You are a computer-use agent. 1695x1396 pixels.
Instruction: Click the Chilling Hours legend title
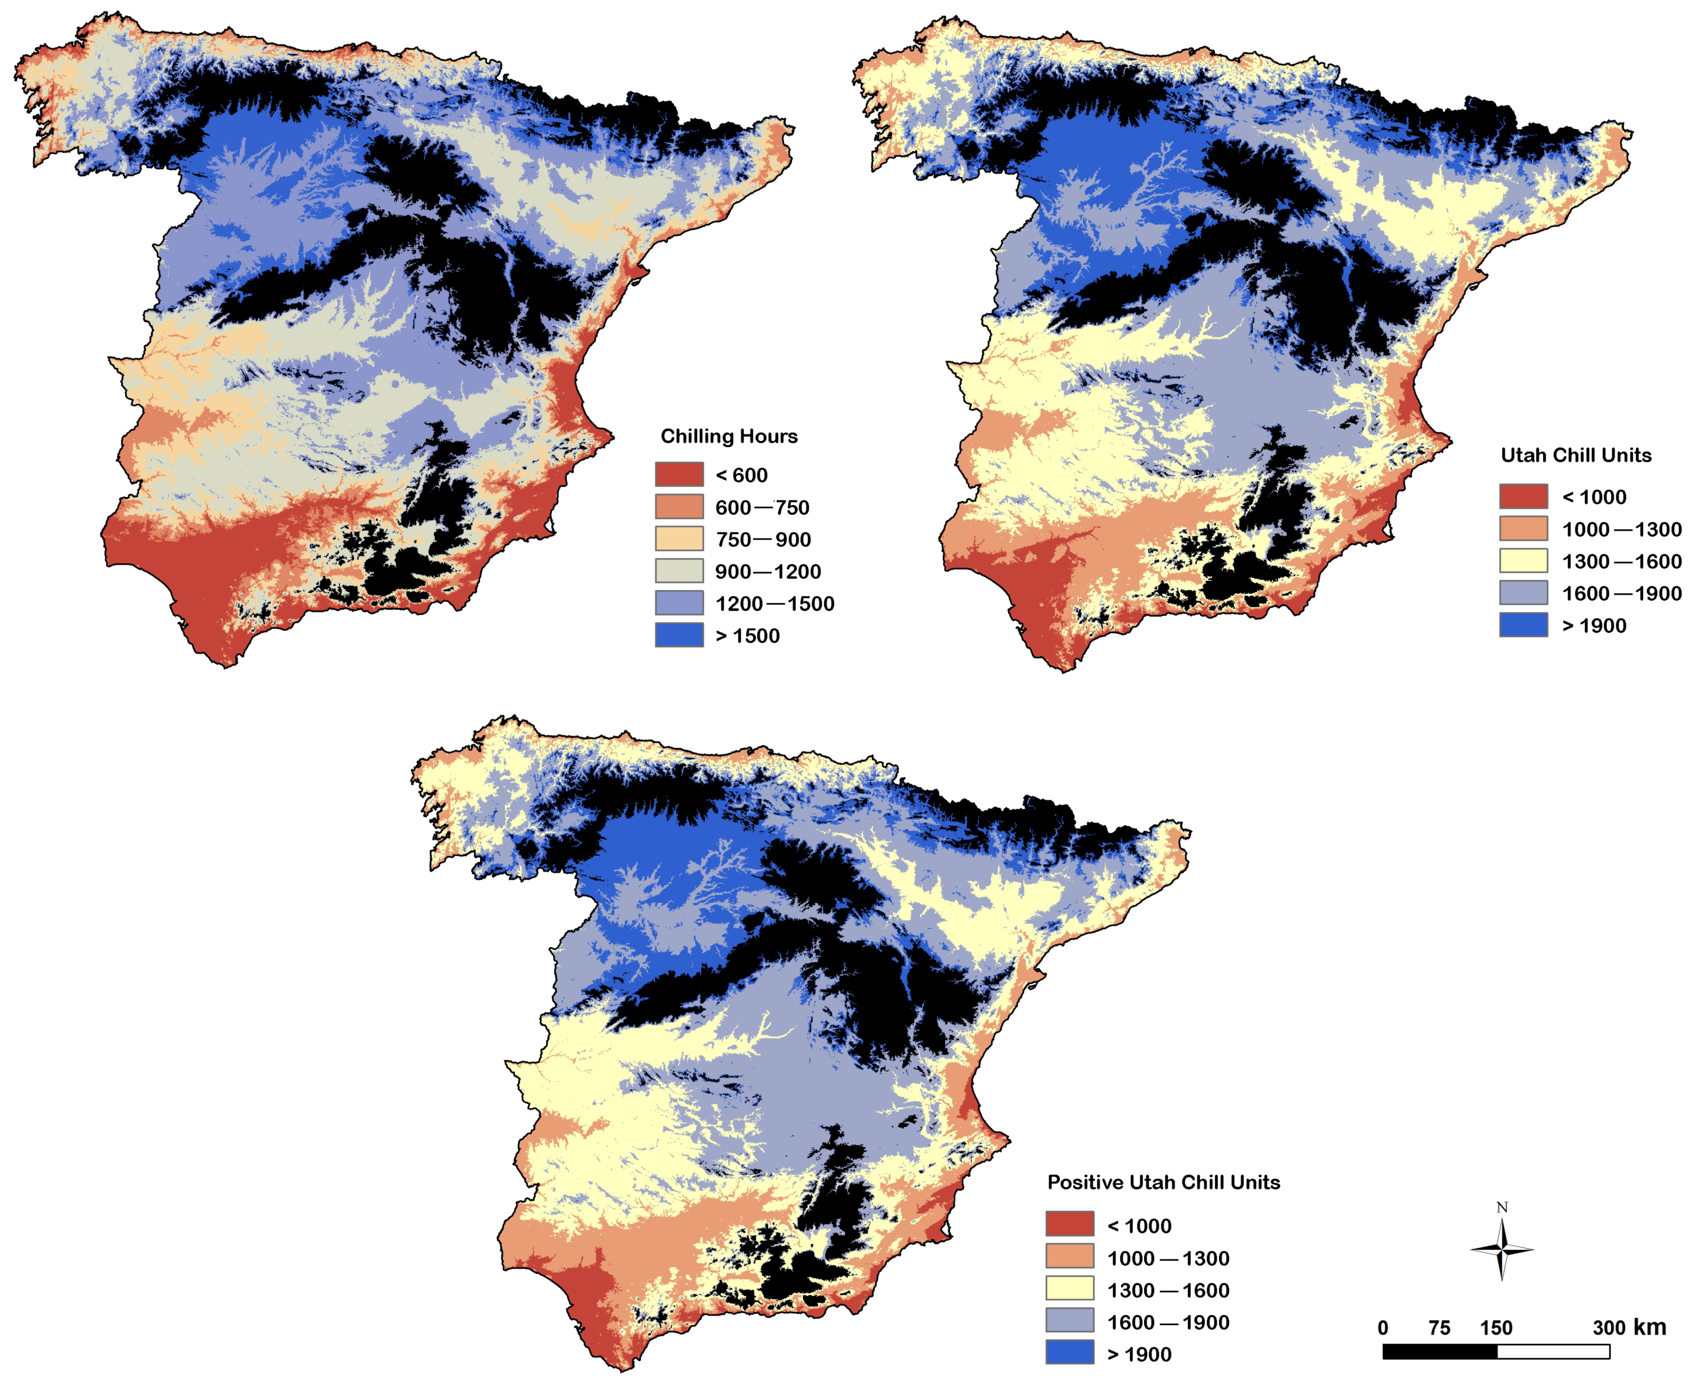(x=728, y=436)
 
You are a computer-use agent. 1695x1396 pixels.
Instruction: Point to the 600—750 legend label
(x=762, y=507)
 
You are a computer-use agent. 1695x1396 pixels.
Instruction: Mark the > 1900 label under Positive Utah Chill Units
(x=1138, y=1355)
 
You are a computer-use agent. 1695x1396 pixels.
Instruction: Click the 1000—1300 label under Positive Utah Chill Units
(x=1167, y=1259)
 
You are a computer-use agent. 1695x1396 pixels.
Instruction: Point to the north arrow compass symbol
(x=1501, y=1250)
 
